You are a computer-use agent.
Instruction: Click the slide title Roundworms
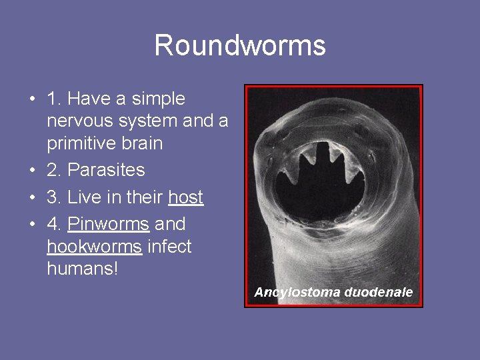(240, 45)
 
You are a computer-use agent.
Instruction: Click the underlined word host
(186, 198)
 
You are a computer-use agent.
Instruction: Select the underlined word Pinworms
(108, 224)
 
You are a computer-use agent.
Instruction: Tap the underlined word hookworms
(94, 247)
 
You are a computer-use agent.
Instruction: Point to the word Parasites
(106, 170)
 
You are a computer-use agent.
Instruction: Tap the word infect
(169, 247)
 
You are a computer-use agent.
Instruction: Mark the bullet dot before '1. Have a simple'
(31, 100)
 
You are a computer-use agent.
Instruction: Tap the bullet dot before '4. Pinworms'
(31, 225)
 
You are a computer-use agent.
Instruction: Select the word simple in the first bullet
(159, 99)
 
